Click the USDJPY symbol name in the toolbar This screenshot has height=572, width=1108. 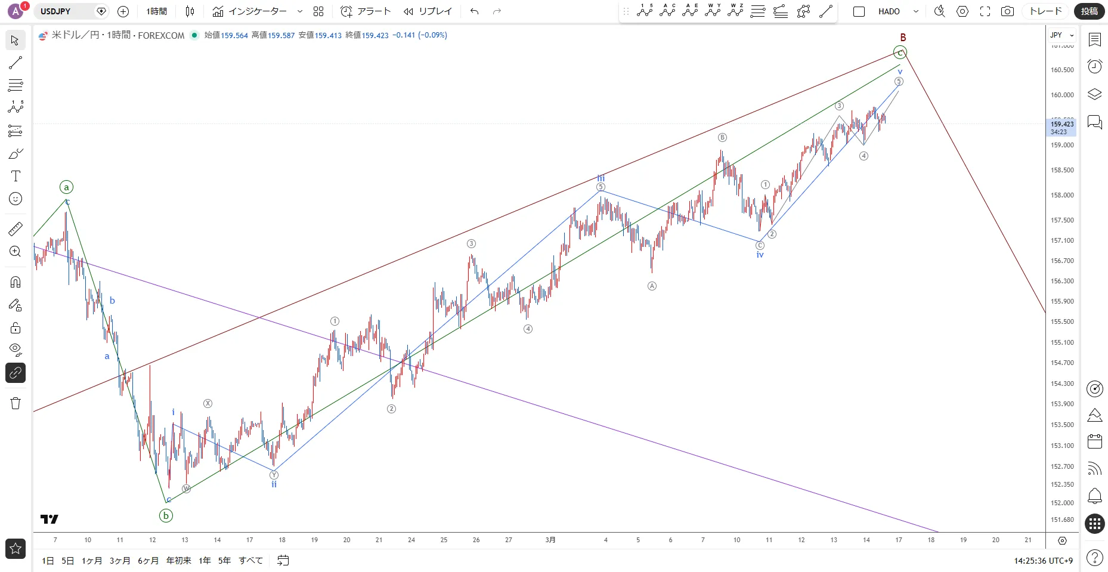[x=55, y=11]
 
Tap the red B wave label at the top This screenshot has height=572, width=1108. [x=903, y=38]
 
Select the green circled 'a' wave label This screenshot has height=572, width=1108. [x=66, y=187]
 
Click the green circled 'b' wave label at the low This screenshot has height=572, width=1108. [x=166, y=516]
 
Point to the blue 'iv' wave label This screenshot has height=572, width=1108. [x=760, y=255]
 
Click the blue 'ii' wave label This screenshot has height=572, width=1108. [x=274, y=484]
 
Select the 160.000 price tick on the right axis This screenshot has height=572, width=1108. [x=1062, y=95]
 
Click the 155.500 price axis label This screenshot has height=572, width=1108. [x=1062, y=321]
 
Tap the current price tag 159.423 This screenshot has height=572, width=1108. [x=1062, y=124]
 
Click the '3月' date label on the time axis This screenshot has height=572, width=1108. [x=550, y=540]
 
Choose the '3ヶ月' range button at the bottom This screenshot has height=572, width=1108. [x=120, y=561]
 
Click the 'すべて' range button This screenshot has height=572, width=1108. [x=250, y=561]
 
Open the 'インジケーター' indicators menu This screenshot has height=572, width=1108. [x=250, y=11]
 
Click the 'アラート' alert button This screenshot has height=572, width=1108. [x=366, y=11]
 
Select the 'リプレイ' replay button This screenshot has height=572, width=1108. [x=428, y=11]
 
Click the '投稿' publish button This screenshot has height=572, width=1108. [x=1090, y=11]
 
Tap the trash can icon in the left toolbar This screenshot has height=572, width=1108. [x=16, y=403]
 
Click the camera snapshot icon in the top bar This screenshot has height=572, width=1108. [x=1007, y=11]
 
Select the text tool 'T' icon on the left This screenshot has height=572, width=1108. [x=16, y=176]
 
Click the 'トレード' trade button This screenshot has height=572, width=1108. [x=1046, y=11]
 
